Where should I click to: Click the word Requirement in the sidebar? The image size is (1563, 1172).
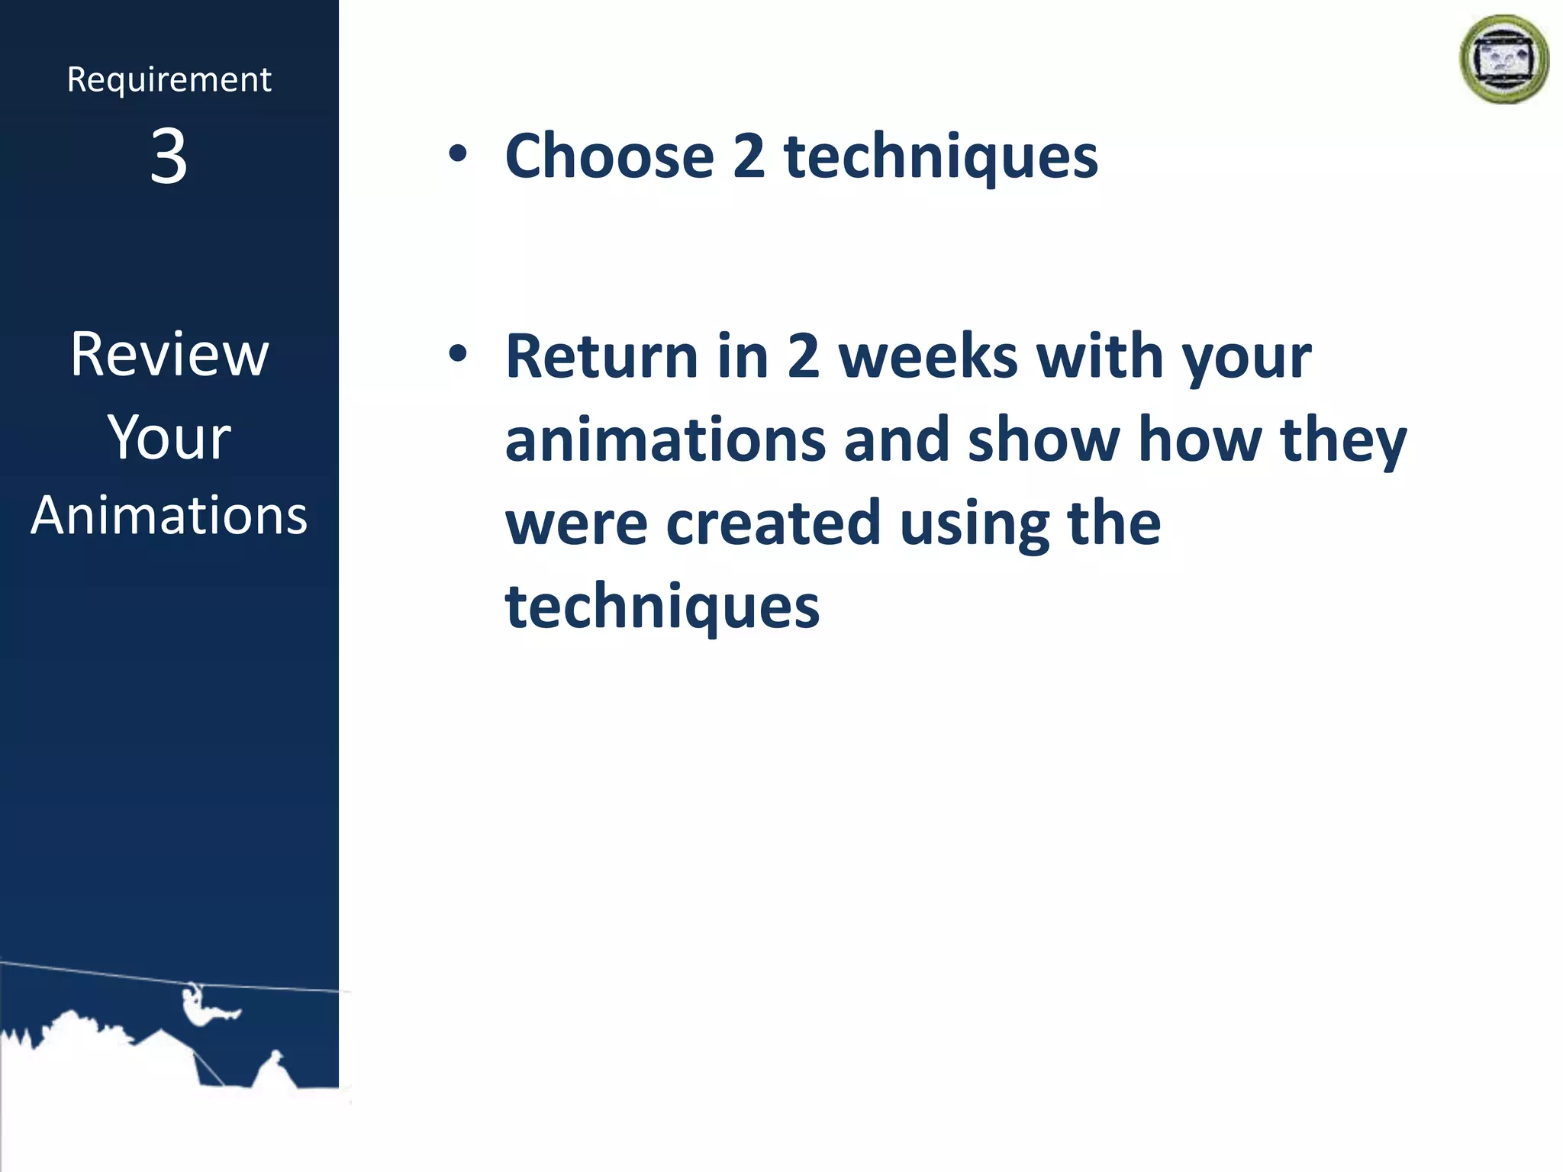point(169,80)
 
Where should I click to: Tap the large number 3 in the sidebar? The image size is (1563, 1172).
point(169,156)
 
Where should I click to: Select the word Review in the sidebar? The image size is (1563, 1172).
point(169,355)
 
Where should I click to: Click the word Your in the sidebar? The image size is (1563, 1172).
point(169,438)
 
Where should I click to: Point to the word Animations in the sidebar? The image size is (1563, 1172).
point(169,516)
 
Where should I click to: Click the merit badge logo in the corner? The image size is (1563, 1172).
point(1503,60)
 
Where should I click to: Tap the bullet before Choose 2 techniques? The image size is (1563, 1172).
point(457,155)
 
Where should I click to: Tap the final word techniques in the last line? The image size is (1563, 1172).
point(662,608)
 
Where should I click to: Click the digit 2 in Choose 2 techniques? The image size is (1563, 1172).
point(748,156)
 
